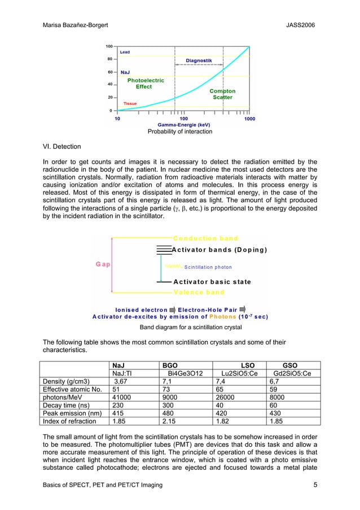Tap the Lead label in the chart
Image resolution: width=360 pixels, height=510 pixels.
[x=125, y=51]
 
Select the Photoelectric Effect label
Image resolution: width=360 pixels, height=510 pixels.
[x=145, y=84]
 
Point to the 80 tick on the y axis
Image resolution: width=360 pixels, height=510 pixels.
[x=108, y=59]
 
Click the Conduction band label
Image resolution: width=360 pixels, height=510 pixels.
[x=205, y=238]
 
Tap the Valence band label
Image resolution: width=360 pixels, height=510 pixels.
[x=199, y=292]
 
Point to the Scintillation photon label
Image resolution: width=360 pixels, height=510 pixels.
[x=208, y=267]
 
